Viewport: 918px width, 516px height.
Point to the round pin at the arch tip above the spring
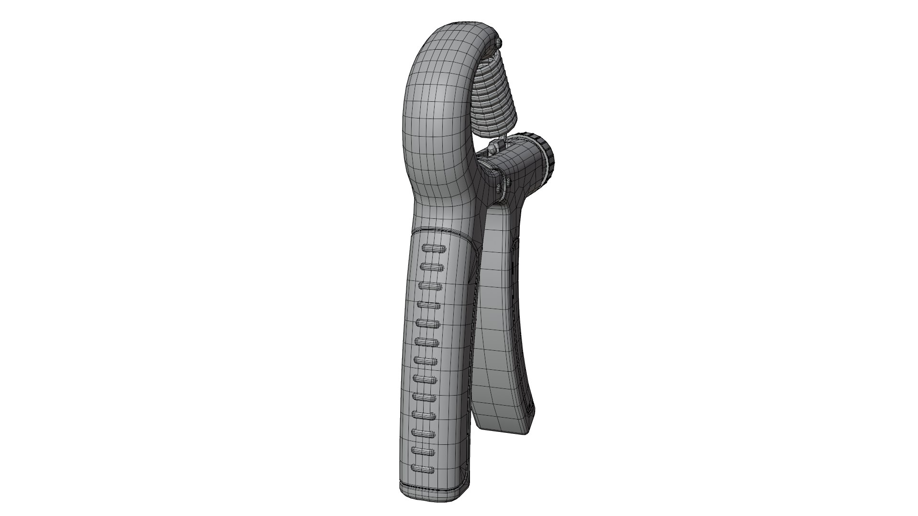pos(500,43)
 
